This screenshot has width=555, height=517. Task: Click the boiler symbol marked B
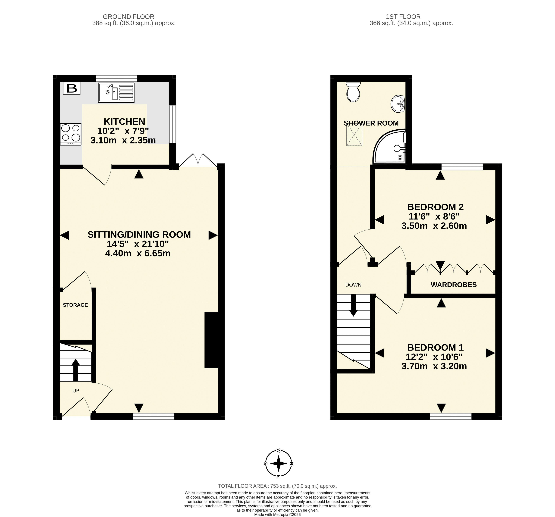point(72,88)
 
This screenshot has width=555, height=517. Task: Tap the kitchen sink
point(116,92)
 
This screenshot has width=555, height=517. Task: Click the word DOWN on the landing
point(353,285)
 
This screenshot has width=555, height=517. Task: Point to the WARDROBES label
point(454,285)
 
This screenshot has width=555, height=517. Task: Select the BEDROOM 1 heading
point(436,348)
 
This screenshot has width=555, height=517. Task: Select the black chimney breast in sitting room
point(211,340)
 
